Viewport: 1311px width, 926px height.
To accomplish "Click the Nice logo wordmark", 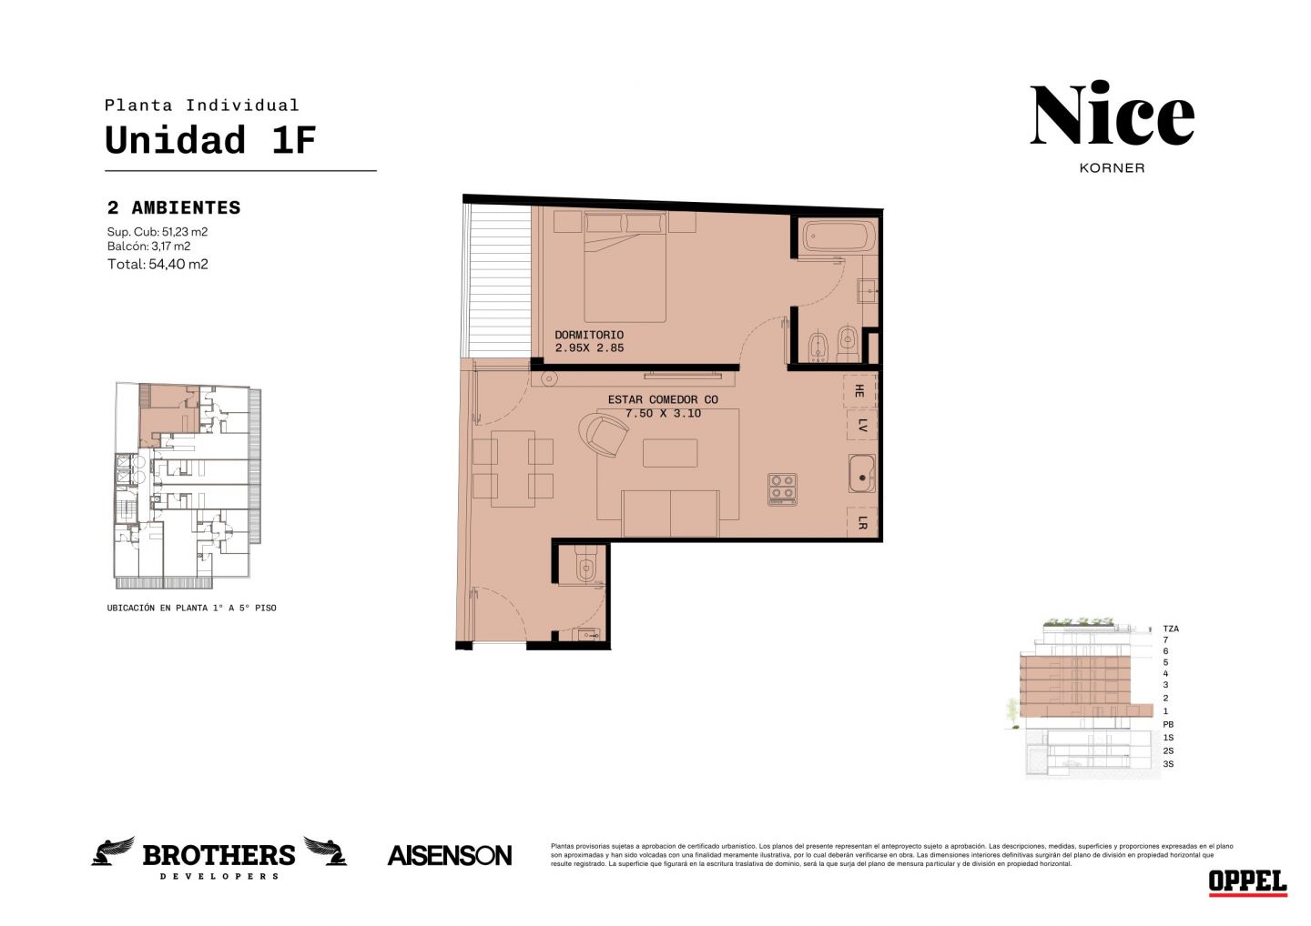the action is point(1112,113).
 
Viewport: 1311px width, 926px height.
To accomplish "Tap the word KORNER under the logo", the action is point(1112,168).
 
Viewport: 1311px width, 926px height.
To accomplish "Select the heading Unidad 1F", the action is point(210,140).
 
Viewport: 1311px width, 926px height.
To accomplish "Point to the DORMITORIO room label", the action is point(589,335).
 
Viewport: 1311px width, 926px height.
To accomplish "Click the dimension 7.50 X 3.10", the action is point(663,413).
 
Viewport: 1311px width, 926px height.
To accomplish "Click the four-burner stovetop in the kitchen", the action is point(782,488).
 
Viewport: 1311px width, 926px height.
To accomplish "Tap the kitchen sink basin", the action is point(861,474).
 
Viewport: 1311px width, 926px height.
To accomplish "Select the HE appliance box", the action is point(859,390).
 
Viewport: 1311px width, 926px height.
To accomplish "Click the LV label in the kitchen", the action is point(862,426).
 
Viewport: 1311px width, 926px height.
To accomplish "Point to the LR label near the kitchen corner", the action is point(862,522).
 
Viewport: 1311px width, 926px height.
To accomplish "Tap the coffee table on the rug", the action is point(669,453).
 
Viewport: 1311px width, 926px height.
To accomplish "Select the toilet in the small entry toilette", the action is point(584,565).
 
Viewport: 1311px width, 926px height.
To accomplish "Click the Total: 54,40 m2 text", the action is point(158,264).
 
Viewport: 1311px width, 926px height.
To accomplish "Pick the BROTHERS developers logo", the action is point(218,858).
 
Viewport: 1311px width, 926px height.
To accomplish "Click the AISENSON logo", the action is point(450,856).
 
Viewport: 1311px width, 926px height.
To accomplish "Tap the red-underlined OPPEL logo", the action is point(1248,882).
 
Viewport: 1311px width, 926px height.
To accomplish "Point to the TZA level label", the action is point(1171,629).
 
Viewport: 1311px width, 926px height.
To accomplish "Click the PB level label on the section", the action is point(1168,724).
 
